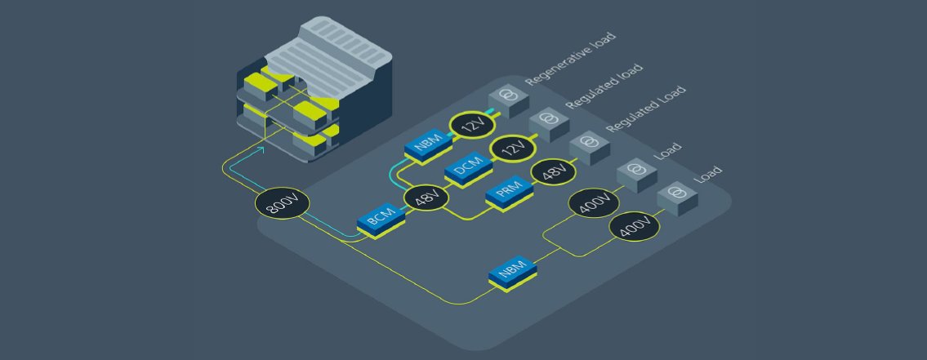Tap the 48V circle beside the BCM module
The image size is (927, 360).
pos(426,198)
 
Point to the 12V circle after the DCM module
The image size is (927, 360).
pos(513,150)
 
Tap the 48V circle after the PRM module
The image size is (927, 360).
pos(554,173)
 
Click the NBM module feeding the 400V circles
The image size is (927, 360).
pos(514,271)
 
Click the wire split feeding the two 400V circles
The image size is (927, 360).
pos(546,242)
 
